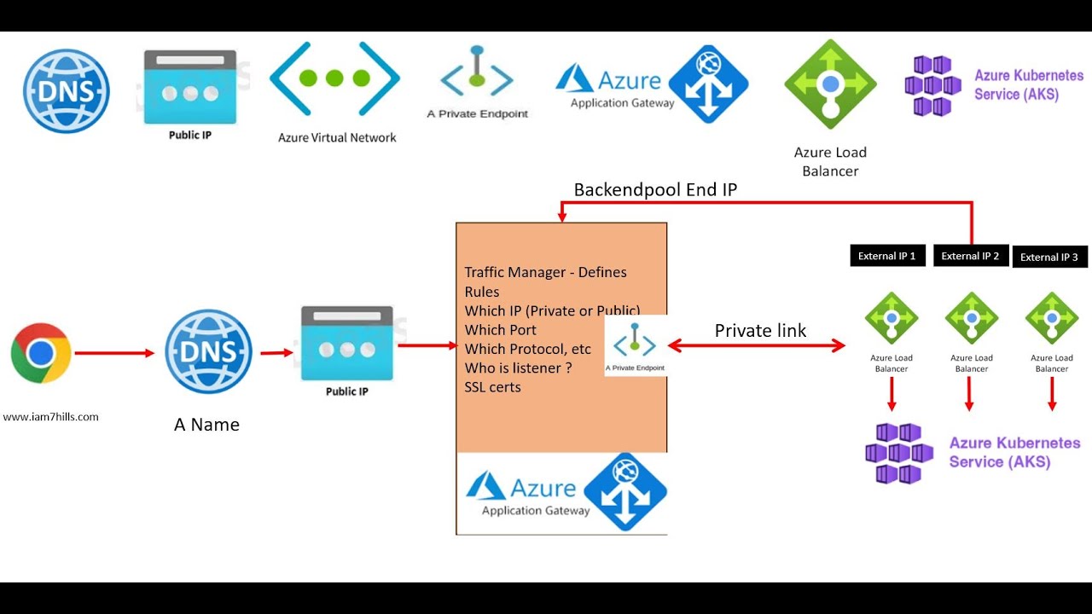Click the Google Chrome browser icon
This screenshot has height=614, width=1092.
coord(40,352)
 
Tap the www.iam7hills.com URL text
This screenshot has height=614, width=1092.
coord(51,417)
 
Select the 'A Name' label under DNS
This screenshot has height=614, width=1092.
coord(206,425)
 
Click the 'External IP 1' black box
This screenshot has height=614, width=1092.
coord(887,256)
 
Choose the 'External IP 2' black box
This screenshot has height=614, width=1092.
coord(970,256)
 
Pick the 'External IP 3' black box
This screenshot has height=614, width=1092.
coord(1049,257)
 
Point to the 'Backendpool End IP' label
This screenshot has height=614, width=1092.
coord(655,190)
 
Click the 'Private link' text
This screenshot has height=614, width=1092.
coord(760,331)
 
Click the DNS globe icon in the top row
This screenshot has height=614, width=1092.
coord(67,91)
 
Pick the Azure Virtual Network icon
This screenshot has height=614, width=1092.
coord(334,78)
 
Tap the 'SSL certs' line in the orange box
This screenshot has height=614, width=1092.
coord(493,387)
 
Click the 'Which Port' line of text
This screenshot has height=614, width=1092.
coord(501,330)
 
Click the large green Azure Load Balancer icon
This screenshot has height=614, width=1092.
coord(830,84)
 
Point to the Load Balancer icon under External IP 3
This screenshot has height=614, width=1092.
coord(1051,318)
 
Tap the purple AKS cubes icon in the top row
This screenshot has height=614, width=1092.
coord(932,85)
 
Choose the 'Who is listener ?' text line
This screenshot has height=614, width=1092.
coord(518,368)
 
